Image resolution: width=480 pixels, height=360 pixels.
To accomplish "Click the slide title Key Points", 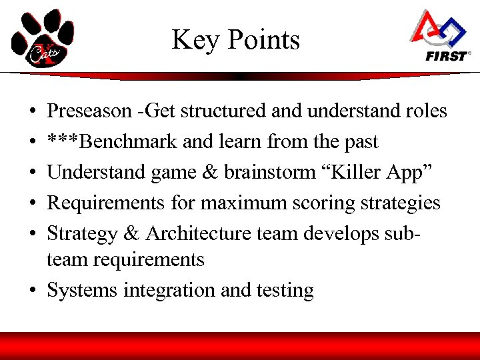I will click(236, 41).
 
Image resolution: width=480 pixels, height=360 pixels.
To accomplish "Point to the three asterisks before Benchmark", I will click(61, 142).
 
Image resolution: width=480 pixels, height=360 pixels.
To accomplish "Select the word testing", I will click(289, 291).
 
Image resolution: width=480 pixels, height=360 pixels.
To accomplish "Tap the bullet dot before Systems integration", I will click(33, 291).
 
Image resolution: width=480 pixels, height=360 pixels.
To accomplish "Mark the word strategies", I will click(403, 203).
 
